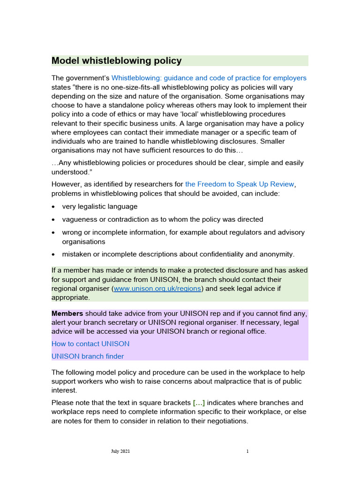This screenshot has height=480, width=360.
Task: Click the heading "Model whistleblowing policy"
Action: tap(116, 60)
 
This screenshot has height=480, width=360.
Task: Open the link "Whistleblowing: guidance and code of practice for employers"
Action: tap(209, 78)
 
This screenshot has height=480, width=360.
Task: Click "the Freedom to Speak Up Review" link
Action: tap(240, 184)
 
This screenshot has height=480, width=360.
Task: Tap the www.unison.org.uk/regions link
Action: tap(157, 289)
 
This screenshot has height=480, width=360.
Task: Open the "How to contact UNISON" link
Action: tap(90, 344)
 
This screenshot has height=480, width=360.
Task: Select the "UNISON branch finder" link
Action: tap(88, 356)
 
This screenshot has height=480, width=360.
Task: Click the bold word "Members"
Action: tap(67, 313)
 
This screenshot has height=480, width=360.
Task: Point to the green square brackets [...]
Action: tap(199, 403)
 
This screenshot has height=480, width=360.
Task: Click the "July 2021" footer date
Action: tap(120, 451)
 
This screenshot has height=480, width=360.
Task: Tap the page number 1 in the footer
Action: tap(247, 451)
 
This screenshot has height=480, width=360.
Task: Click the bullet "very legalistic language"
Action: tap(100, 207)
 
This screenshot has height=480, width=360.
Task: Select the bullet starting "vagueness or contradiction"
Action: tap(163, 219)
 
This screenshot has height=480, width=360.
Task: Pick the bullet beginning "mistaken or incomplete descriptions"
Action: tap(178, 254)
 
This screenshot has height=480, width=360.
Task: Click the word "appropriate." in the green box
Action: tap(70, 298)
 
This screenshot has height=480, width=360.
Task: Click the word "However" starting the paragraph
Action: tap(67, 184)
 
